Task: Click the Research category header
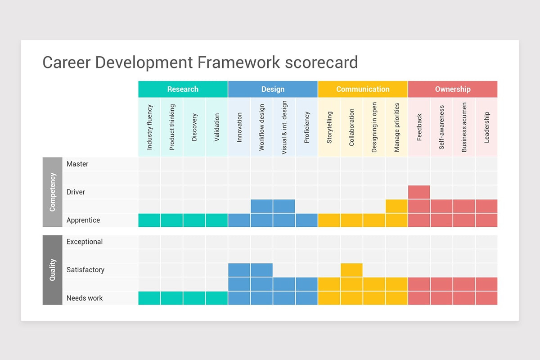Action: coord(183,89)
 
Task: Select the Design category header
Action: coord(273,89)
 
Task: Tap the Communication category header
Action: coord(363,89)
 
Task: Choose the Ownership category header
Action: coord(453,89)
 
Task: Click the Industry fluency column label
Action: coord(149,127)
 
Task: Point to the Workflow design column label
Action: coord(262,127)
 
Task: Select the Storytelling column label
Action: coord(329,127)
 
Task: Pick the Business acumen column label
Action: coord(464,127)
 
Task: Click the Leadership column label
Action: coord(486,127)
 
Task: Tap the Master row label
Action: coord(77,164)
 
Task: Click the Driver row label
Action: coord(76,192)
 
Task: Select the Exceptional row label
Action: coord(85,242)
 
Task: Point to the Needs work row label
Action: coord(85,298)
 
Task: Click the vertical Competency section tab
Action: coord(52,192)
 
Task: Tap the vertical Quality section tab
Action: coord(52,270)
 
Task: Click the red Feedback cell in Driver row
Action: coord(419,192)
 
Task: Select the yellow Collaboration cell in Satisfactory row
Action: coord(351,270)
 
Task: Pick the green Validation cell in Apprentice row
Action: coord(216,220)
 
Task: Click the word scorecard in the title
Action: coord(321,63)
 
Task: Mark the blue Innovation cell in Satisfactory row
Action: coord(239,270)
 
